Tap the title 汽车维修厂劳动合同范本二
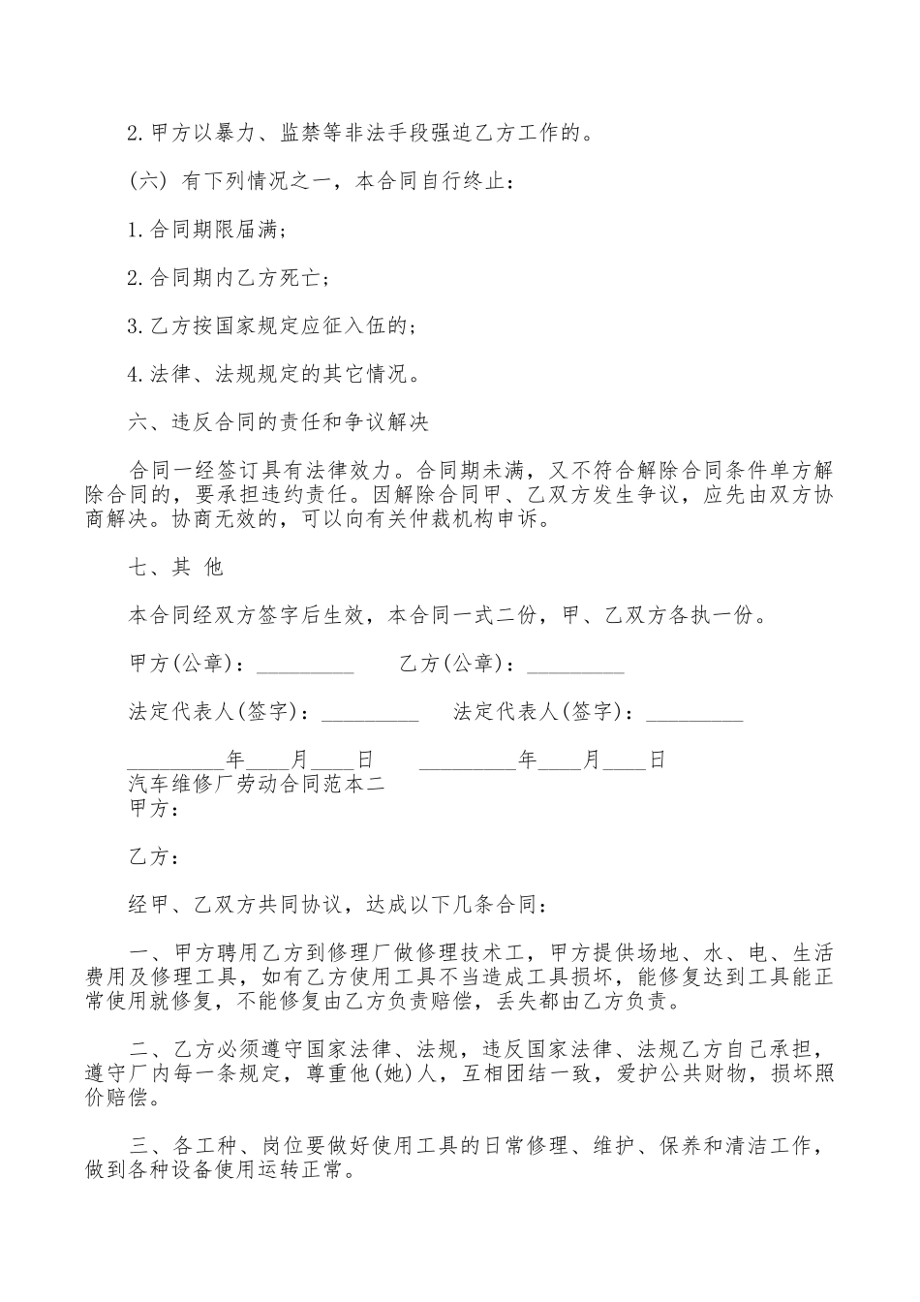[x=257, y=784]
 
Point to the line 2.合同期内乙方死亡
[x=228, y=278]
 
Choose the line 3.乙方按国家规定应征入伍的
[x=272, y=326]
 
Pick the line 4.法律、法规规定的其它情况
[x=272, y=374]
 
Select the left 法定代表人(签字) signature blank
[x=369, y=714]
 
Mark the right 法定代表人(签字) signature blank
[x=694, y=714]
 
